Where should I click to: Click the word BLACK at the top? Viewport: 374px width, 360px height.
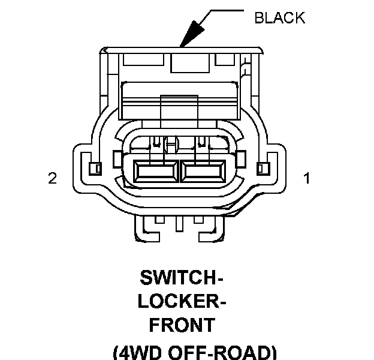tap(280, 17)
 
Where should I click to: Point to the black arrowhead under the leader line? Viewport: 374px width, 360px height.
tap(193, 33)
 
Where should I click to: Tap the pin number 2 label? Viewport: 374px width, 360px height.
tap(53, 178)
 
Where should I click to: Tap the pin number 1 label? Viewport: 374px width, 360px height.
tap(307, 178)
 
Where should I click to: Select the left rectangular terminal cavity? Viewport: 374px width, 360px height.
tap(156, 171)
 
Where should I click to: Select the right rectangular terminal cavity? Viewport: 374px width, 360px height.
tap(203, 171)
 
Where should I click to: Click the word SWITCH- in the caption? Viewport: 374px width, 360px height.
tap(181, 278)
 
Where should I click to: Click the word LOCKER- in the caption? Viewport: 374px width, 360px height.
tap(182, 301)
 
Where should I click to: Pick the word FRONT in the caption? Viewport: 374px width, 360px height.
tap(182, 325)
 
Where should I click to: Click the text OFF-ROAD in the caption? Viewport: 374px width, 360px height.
tap(219, 352)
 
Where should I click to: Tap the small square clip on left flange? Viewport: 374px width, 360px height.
tap(95, 169)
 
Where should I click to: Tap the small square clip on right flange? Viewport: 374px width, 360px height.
tap(263, 169)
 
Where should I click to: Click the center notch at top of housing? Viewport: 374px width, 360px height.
tap(190, 63)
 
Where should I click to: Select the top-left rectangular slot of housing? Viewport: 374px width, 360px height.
tap(144, 59)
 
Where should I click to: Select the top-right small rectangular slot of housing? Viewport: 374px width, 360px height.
tap(225, 59)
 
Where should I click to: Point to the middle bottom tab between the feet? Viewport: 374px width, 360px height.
tap(179, 224)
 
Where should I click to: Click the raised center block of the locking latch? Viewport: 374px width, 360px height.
tap(179, 107)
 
